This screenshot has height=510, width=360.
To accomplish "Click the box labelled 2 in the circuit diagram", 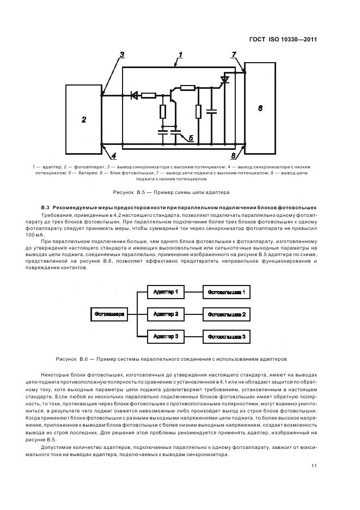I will tap(83, 119).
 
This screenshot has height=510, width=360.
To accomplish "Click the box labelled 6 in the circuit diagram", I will tap(260, 108).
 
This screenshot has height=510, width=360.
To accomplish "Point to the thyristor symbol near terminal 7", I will tap(223, 81).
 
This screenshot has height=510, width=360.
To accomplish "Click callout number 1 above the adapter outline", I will tap(180, 56).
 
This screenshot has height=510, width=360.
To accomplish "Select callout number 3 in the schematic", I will tap(122, 54).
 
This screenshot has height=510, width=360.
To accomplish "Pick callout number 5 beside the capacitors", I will tap(191, 138).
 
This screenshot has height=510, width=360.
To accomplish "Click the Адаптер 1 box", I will tap(166, 293).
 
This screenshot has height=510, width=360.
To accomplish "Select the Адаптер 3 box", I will tap(166, 337).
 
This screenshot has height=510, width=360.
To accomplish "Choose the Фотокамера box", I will tap(110, 314).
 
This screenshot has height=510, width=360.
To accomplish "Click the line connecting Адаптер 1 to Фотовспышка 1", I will tap(193, 293).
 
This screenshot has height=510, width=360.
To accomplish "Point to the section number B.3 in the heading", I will tap(45, 209).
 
